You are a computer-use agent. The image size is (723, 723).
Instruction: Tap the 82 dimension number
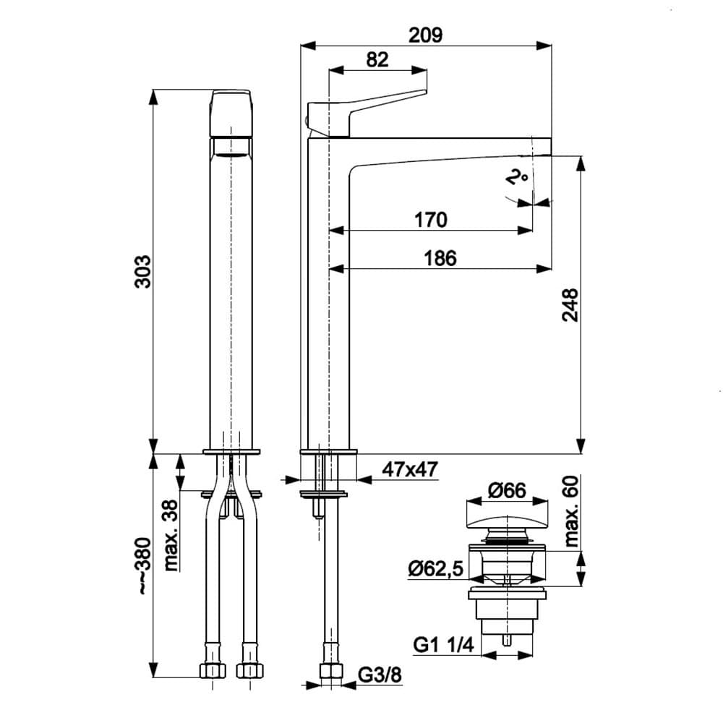[x=377, y=59]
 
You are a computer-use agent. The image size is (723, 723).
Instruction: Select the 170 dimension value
[x=431, y=219]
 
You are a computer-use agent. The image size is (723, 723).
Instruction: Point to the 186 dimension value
[x=440, y=257]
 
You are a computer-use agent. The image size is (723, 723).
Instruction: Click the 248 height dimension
[x=570, y=306]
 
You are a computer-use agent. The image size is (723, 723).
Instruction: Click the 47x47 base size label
[x=410, y=469]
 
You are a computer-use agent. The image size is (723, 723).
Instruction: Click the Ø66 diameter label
[x=506, y=491]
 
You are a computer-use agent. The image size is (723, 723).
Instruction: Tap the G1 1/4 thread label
[x=442, y=643]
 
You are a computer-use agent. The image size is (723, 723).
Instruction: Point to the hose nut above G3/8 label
[x=331, y=670]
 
